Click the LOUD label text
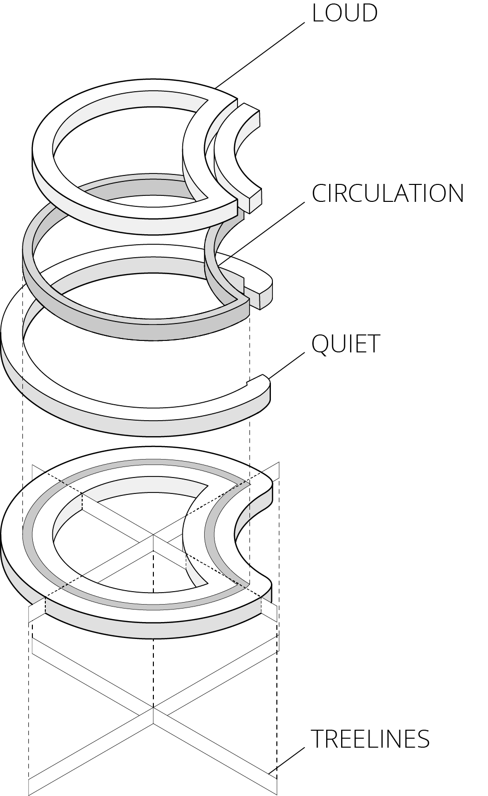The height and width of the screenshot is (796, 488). (x=345, y=13)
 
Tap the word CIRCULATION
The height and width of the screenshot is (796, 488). (x=387, y=193)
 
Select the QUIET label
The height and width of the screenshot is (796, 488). (x=346, y=344)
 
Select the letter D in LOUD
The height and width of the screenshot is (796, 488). (x=368, y=13)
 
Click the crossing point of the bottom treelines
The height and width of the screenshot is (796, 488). (x=153, y=708)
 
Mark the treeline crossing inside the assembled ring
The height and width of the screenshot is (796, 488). (x=153, y=535)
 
